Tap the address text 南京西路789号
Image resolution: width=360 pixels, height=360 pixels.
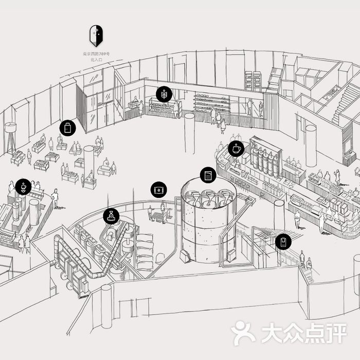tap(96, 54)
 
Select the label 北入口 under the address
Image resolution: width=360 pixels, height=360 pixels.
tap(96, 60)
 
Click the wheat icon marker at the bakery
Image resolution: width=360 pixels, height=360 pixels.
tap(164, 94)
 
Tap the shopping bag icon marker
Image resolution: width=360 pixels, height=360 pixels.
tap(67, 128)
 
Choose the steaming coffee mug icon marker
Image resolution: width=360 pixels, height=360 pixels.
tap(236, 149)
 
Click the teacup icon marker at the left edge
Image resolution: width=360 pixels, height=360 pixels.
tap(23, 187)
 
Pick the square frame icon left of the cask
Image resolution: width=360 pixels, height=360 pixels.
tap(159, 190)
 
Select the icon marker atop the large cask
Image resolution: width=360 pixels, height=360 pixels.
tap(208, 175)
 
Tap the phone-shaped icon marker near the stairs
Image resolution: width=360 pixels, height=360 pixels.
tap(283, 241)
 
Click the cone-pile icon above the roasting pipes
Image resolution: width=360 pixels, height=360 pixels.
tap(111, 217)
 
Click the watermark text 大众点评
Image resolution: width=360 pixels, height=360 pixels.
tap(303, 333)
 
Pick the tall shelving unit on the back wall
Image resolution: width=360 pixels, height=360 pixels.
tap(253, 81)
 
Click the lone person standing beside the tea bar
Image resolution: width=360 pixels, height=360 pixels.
tap(55, 197)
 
